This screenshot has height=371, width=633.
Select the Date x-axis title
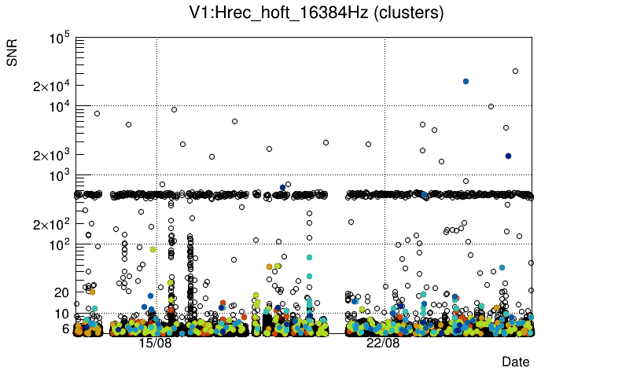point(516,362)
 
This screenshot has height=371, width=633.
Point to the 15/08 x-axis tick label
point(155,343)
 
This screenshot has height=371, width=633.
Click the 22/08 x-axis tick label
point(383,343)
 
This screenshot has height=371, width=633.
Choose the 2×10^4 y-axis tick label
point(52,86)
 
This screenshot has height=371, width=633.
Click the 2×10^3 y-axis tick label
point(52,156)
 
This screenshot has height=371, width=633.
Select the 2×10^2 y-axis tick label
point(52,225)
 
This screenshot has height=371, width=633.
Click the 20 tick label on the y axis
point(62,292)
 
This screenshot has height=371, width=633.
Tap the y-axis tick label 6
point(66,329)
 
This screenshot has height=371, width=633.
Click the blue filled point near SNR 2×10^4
point(466,81)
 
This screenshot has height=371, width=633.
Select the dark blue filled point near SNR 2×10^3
point(508,156)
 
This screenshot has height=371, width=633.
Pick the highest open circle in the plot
point(515,71)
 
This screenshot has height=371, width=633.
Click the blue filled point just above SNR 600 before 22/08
point(282,187)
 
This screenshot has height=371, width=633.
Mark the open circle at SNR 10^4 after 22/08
point(491,106)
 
